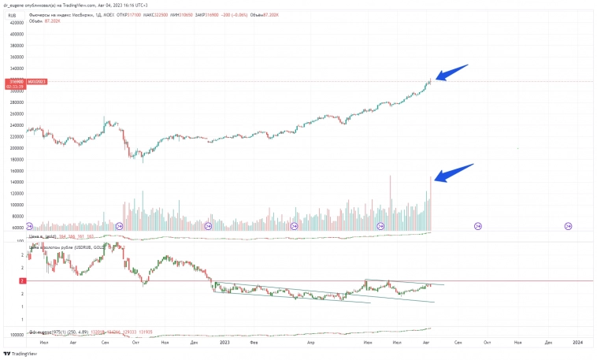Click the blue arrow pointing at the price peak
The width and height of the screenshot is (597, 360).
tap(452, 72)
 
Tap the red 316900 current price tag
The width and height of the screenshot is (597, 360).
tap(15, 81)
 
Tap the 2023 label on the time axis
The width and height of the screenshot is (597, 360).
tap(224, 343)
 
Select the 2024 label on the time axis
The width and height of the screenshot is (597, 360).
tap(577, 343)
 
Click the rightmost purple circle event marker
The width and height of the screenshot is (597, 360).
tap(569, 227)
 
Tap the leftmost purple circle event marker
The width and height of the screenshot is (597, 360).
tap(30, 227)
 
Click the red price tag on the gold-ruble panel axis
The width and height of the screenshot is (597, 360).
tap(23, 280)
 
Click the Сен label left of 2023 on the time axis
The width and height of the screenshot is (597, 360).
tap(106, 343)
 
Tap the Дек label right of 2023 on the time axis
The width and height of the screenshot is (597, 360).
tap(547, 343)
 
